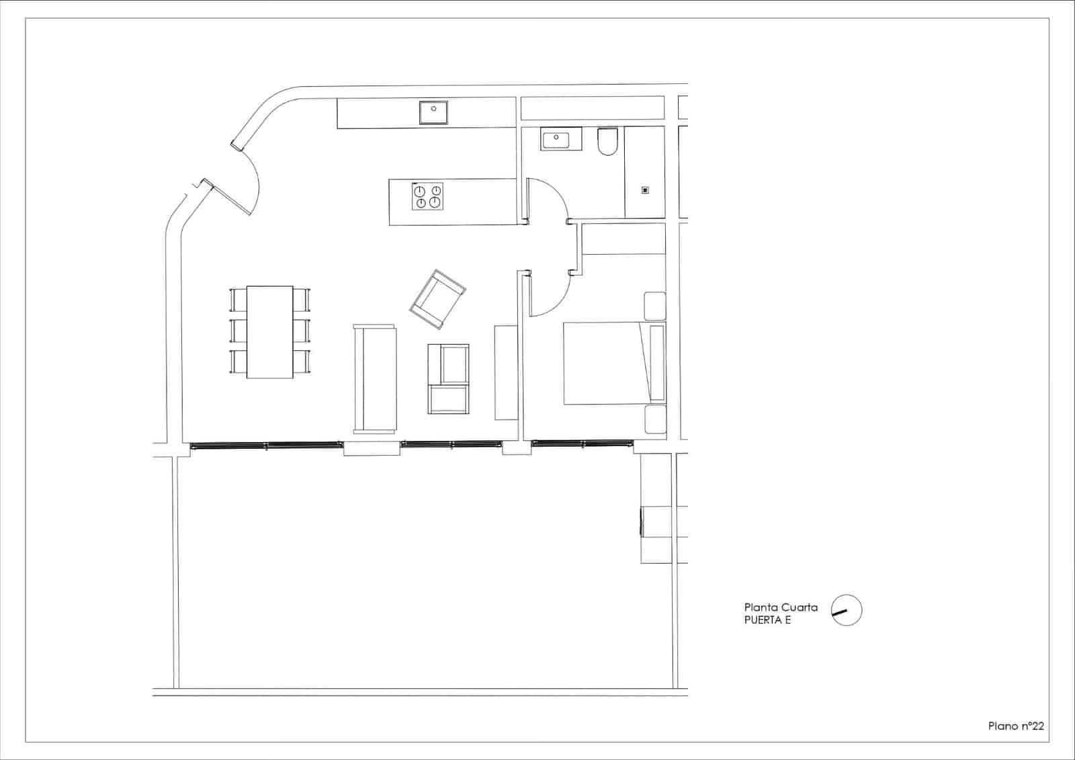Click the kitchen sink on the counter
(x=434, y=112)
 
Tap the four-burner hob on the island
(x=428, y=196)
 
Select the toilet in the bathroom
(x=608, y=142)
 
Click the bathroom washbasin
(x=555, y=140)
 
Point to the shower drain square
(x=645, y=190)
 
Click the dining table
(x=269, y=331)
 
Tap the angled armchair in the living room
(x=438, y=299)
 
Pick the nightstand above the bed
(x=654, y=306)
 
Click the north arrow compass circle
(x=847, y=611)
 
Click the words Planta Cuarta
(x=781, y=607)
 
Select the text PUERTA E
(x=767, y=620)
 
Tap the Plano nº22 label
(x=1016, y=726)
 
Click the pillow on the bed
(x=656, y=363)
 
